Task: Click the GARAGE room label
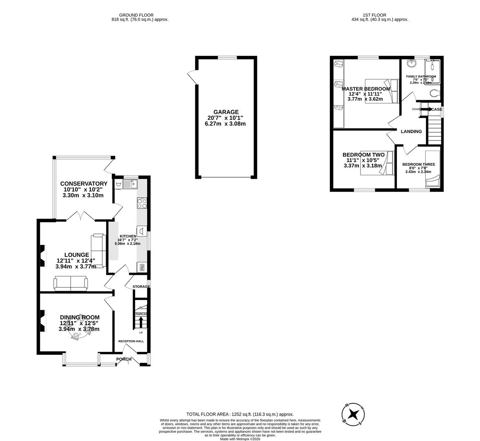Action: click(226, 112)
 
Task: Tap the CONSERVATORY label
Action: click(84, 184)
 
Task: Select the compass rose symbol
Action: click(353, 414)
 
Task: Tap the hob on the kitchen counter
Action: click(142, 203)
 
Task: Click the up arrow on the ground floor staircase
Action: click(141, 323)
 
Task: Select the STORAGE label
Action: click(141, 287)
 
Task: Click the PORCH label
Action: click(124, 359)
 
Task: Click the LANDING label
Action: click(411, 131)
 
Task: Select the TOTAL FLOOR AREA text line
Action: click(240, 414)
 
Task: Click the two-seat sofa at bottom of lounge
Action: click(71, 283)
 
